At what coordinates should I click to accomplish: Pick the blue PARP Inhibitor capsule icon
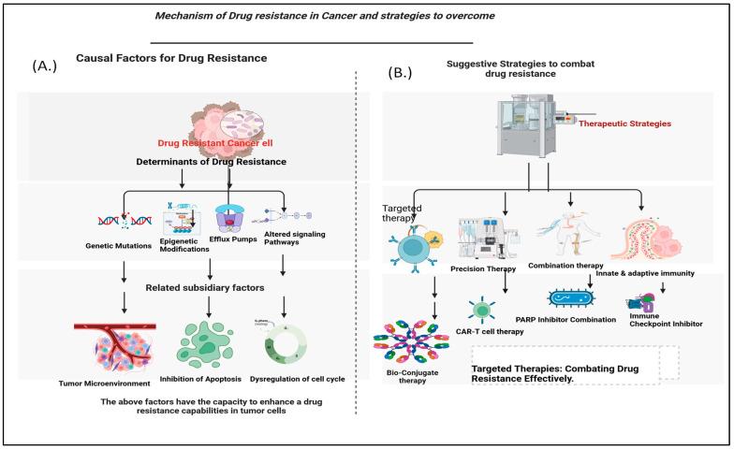(570, 299)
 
